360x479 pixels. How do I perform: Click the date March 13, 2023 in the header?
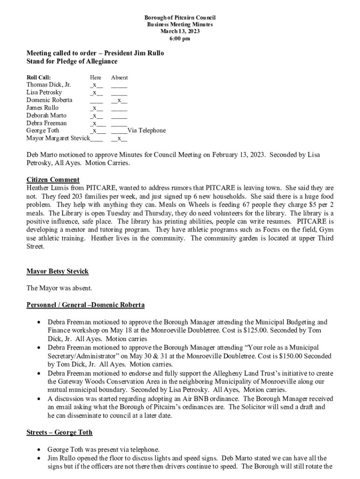pos(180,31)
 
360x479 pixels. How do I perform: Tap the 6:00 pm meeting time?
pos(180,38)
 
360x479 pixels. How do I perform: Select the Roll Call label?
pos(39,78)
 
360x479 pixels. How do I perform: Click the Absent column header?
pos(119,78)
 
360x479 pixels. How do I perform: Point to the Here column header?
pos(95,78)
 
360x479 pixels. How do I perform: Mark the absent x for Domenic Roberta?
pos(119,100)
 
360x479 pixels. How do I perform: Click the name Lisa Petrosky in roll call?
pos(44,93)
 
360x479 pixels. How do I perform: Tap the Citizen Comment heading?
pos(53,180)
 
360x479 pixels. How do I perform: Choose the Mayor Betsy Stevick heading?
pos(57,271)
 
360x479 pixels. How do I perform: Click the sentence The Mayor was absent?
pos(59,288)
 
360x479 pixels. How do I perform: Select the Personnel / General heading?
pos(86,305)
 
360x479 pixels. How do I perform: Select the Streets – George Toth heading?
pos(59,432)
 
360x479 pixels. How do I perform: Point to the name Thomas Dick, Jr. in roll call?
pos(49,85)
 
